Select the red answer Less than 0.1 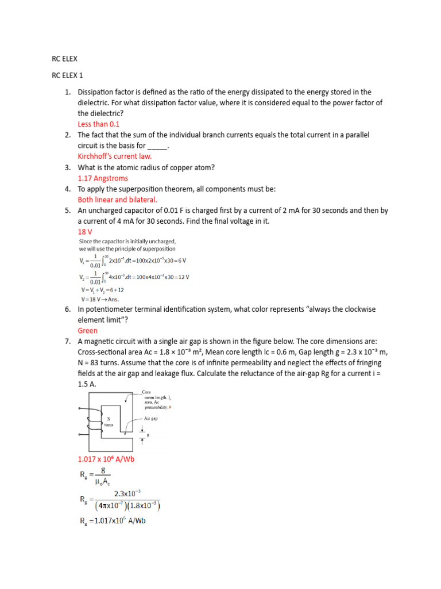point(98,124)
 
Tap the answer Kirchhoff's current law point(115,156)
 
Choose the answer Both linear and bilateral point(117,199)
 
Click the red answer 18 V point(85,231)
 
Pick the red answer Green point(88,331)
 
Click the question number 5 point(67,210)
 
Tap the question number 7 point(67,341)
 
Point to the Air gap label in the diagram point(151,419)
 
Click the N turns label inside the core point(109,422)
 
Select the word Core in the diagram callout point(146,392)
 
